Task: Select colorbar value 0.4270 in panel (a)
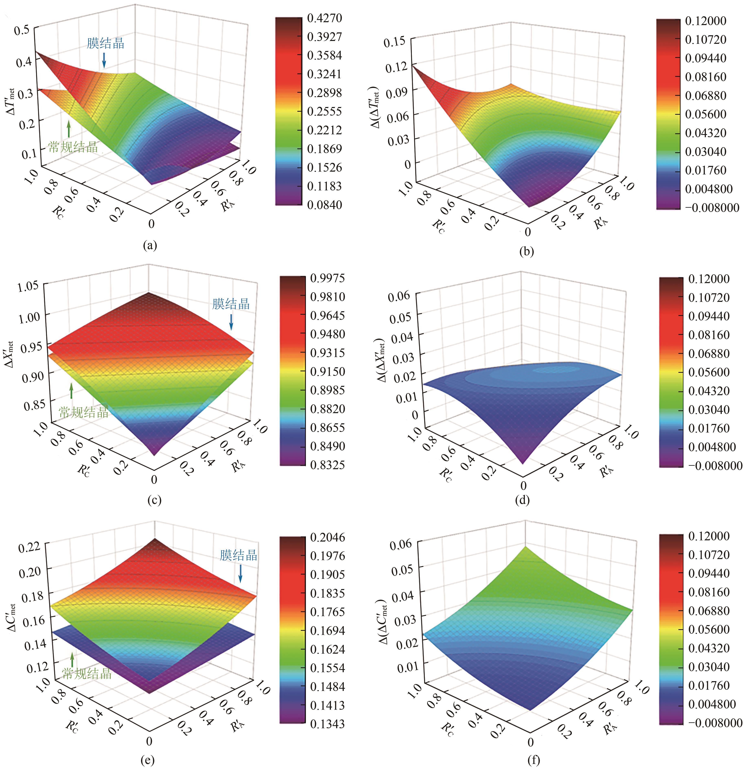pyautogui.click(x=324, y=18)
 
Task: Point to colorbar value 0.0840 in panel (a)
pyautogui.click(x=324, y=204)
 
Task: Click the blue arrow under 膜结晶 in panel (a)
pyautogui.click(x=104, y=60)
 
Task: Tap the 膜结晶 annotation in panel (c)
pyautogui.click(x=231, y=304)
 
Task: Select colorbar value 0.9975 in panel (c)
pyautogui.click(x=327, y=278)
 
